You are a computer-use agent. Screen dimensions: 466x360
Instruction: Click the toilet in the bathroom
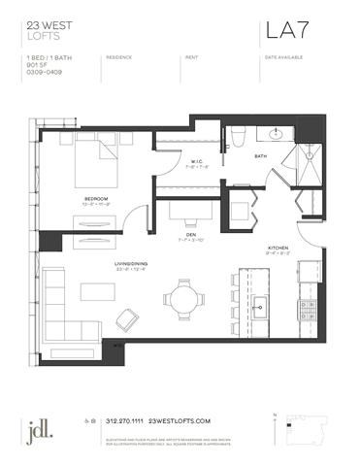236,138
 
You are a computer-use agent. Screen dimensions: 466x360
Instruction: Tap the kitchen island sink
261,310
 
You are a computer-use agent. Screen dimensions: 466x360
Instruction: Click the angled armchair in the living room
126,318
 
